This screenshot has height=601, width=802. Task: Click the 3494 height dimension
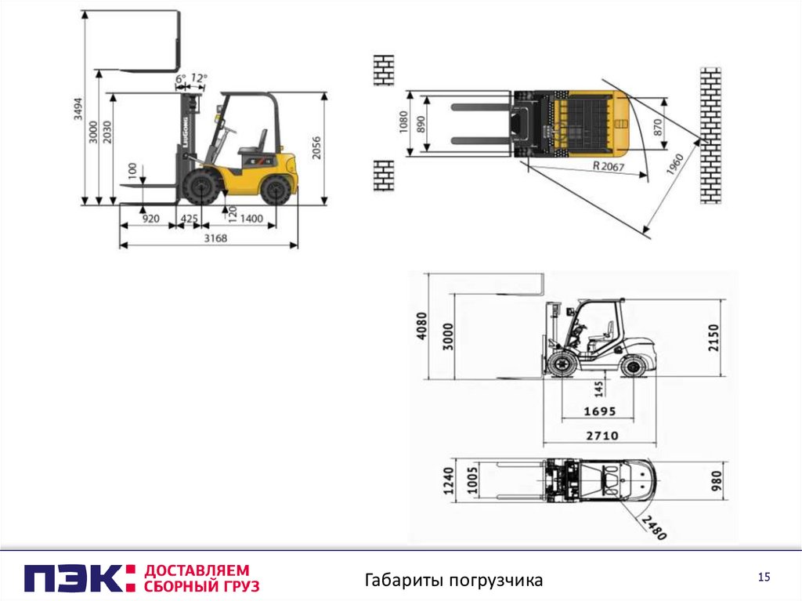78,109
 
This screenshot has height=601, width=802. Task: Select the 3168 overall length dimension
215,238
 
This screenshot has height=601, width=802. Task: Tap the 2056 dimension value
316,147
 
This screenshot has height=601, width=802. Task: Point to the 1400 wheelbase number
251,219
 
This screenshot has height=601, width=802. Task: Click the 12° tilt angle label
198,78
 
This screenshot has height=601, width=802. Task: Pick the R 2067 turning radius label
609,166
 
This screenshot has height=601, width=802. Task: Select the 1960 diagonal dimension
674,165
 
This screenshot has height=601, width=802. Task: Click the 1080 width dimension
403,122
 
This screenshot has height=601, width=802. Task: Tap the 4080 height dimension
421,326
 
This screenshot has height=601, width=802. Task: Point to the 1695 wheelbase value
599,411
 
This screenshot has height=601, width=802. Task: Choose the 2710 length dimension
602,436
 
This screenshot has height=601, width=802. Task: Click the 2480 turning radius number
654,528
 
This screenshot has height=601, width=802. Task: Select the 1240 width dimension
449,480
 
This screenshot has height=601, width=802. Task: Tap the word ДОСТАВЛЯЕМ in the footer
197,570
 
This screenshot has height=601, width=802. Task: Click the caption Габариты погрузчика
453,581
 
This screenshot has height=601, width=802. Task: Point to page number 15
764,577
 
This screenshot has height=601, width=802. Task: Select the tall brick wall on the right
710,135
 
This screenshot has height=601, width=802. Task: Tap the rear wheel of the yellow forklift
273,190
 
